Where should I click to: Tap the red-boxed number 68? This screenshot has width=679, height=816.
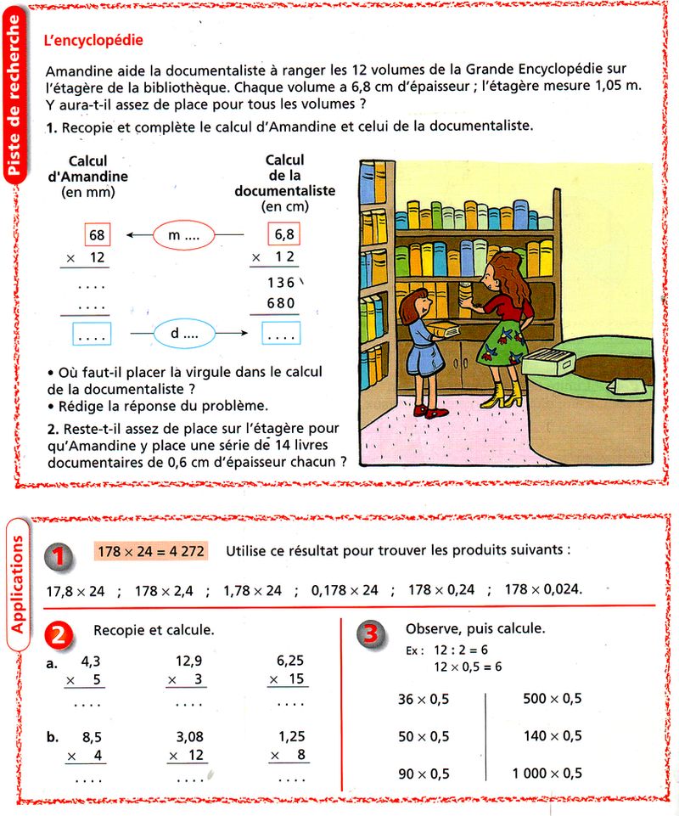[97, 235]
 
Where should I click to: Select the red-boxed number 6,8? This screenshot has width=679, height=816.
[283, 234]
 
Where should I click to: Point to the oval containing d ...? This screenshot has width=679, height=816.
[183, 334]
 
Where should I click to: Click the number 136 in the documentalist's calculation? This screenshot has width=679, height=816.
[280, 282]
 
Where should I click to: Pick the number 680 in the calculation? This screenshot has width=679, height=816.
[280, 303]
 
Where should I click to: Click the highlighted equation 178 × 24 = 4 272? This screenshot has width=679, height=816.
[151, 551]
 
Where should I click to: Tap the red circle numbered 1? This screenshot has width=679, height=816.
[58, 554]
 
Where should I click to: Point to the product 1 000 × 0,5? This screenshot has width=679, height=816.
[547, 773]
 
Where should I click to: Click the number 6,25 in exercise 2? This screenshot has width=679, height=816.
[290, 660]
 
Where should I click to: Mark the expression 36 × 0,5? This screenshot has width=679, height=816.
[424, 699]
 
